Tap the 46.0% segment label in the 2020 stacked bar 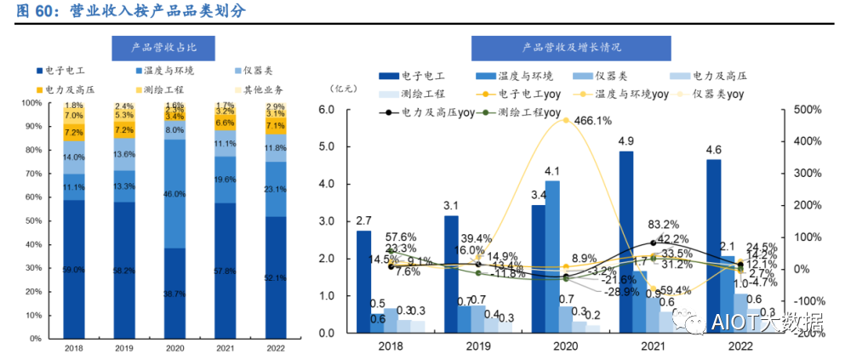click(x=174, y=194)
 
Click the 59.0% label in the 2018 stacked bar click(x=74, y=270)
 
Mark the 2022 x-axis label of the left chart click(x=273, y=347)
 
